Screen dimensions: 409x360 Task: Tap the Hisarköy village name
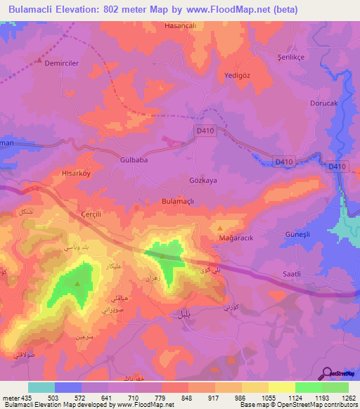[x=77, y=171]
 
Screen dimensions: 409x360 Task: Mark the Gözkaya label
[x=205, y=180]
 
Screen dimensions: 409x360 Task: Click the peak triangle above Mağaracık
[x=221, y=228]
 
